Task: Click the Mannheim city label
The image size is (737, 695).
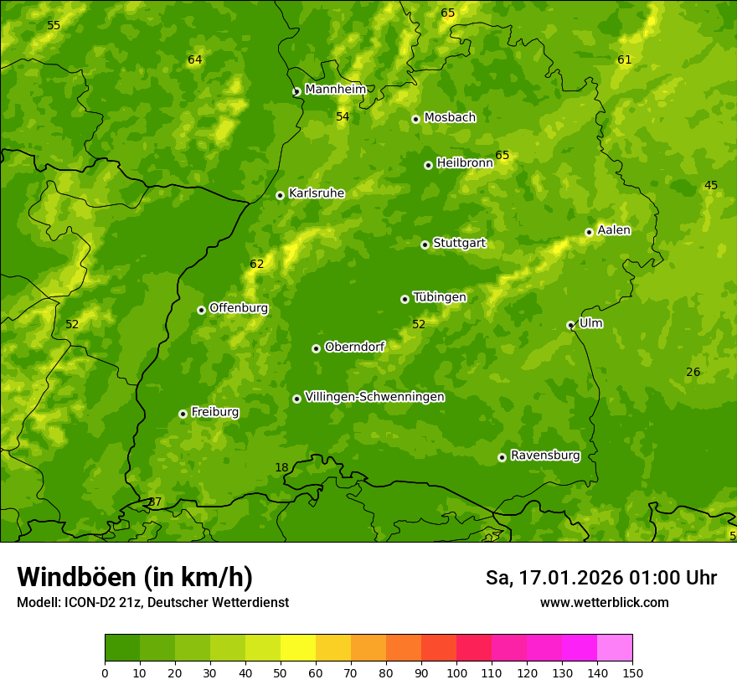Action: (335, 90)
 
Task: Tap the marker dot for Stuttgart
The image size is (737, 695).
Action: (425, 245)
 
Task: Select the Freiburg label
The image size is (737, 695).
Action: (214, 412)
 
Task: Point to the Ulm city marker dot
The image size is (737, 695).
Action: (570, 325)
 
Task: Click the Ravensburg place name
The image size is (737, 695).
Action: (544, 456)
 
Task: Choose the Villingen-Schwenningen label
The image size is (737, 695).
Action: (374, 397)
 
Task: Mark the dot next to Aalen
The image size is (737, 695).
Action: (589, 232)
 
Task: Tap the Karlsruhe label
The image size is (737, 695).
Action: (316, 193)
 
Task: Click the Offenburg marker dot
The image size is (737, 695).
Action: (201, 310)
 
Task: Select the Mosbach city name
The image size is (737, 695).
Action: (450, 118)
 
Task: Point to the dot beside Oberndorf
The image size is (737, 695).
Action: (316, 348)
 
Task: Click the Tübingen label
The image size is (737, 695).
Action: (439, 297)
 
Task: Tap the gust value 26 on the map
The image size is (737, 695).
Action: (693, 373)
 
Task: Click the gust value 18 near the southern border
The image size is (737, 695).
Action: (281, 467)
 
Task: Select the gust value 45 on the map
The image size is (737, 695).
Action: (710, 186)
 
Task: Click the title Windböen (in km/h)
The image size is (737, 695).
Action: (135, 577)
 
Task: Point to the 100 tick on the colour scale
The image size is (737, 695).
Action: (456, 672)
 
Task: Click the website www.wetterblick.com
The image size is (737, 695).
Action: (604, 602)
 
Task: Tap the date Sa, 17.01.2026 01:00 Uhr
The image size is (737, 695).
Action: (600, 578)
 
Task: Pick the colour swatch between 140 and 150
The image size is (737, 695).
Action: (615, 647)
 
